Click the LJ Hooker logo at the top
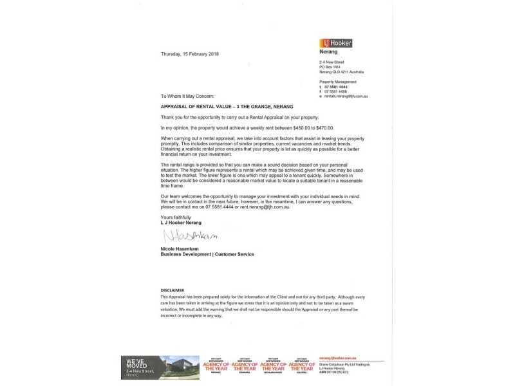point(335,43)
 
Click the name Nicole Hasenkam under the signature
point(183,248)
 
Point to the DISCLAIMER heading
point(172,290)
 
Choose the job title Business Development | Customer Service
point(207,254)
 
